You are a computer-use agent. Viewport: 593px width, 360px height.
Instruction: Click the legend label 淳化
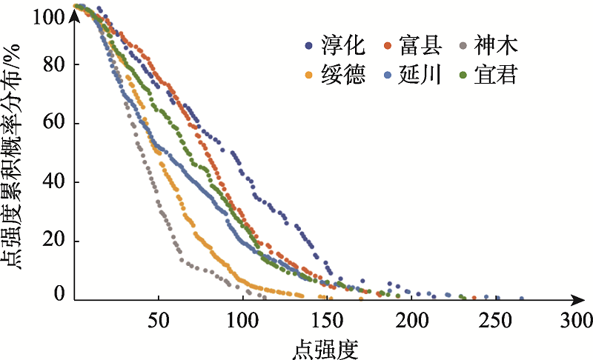pos(343,47)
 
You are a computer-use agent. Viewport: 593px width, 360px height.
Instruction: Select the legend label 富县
pos(420,47)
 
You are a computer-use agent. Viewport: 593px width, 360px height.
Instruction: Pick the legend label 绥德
pos(343,75)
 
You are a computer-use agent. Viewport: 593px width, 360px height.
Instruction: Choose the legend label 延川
pos(420,75)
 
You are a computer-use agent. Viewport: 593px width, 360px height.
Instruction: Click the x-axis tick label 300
pos(576,321)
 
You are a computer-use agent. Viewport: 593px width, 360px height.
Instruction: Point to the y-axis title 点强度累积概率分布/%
pos(19,156)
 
